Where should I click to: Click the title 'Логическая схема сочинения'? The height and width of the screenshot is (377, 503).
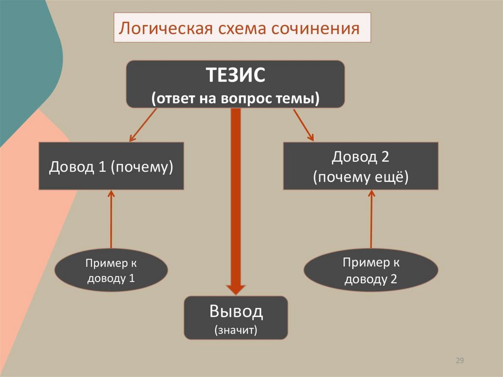(x=241, y=28)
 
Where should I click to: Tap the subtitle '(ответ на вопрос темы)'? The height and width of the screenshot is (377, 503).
(x=235, y=98)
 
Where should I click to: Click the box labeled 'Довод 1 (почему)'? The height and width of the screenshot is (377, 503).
(x=111, y=166)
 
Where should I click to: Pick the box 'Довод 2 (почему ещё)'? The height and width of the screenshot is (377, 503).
(x=361, y=166)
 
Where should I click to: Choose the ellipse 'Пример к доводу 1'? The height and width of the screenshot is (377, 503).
(x=111, y=270)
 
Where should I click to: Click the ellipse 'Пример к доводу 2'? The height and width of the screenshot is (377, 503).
(x=371, y=271)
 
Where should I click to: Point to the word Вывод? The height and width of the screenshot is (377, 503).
(x=236, y=311)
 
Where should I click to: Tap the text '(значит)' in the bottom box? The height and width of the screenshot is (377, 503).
(x=236, y=329)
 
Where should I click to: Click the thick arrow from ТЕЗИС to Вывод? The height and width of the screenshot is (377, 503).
(x=236, y=197)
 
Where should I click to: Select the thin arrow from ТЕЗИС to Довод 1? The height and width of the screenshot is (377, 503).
(x=143, y=125)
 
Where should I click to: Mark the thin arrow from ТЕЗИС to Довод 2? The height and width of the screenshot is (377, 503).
(x=303, y=125)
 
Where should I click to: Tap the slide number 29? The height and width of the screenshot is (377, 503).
(x=460, y=361)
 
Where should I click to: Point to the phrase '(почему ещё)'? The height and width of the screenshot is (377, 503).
(x=361, y=177)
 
